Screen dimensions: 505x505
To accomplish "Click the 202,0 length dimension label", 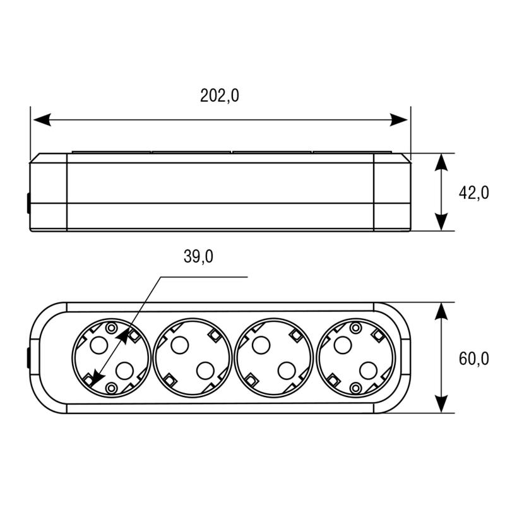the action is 220,96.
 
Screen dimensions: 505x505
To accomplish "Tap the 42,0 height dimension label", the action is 474,193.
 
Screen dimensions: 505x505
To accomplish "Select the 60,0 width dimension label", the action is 474,359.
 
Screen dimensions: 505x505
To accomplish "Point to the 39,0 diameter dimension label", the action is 198,257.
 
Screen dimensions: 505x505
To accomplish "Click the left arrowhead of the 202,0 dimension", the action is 42,120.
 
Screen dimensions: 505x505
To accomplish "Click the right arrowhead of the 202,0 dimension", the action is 399,120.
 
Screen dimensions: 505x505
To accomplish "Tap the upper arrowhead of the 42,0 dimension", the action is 441,162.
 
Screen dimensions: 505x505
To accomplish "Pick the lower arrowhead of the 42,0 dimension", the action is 441,222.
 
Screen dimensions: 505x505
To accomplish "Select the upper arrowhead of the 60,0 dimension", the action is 441,311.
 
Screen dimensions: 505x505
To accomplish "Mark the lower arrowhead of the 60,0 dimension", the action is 441,404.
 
